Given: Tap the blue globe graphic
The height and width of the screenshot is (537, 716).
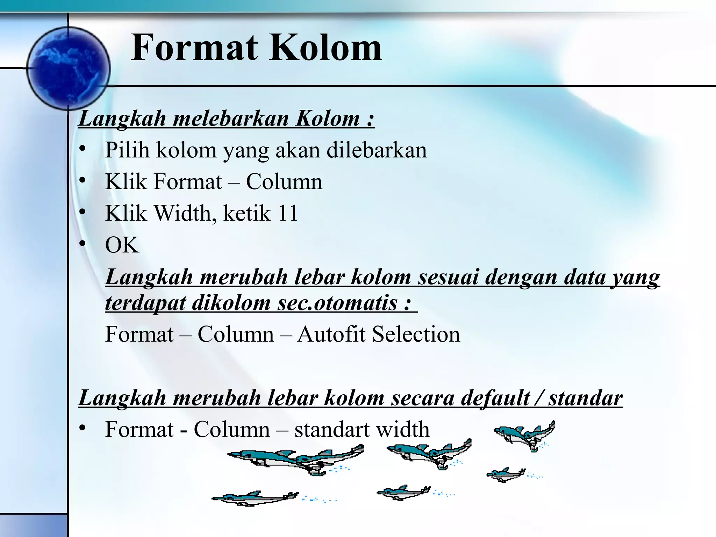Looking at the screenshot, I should coord(69,69).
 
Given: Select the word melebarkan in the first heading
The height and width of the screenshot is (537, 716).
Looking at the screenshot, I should coord(231,119).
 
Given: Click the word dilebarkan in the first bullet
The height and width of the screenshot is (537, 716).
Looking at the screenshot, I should coord(377,150).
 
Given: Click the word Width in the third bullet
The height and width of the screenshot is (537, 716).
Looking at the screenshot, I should coord(185,213).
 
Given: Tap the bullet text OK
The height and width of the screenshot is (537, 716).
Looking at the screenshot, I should coord(122,245).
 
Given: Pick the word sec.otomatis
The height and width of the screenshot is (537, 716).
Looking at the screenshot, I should coord(337,302).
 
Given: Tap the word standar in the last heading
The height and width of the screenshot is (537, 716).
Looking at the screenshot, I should coord(585,398).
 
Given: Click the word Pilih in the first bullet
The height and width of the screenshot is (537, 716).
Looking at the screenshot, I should coord(127,150).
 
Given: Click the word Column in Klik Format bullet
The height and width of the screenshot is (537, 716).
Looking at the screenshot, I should coord(284,182).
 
